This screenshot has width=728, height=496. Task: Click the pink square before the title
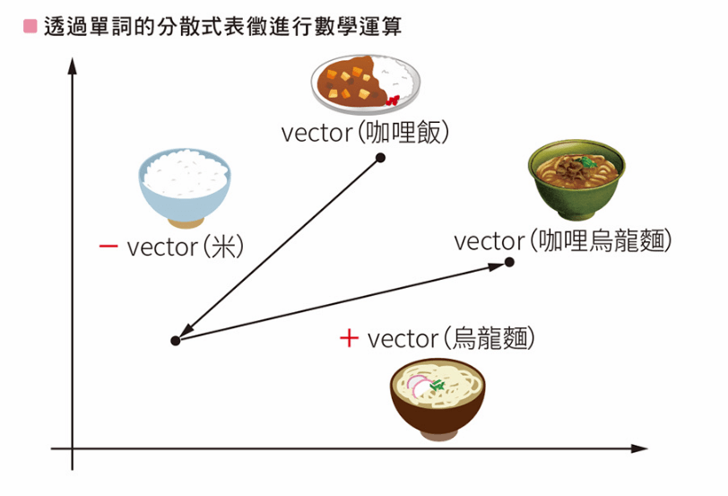[30, 27]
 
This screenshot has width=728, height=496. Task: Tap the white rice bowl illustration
[184, 187]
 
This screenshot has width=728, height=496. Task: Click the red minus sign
[108, 247]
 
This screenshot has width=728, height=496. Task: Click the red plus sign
[349, 338]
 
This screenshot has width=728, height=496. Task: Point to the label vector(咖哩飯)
[364, 133]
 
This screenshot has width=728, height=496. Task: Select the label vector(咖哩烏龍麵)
[562, 241]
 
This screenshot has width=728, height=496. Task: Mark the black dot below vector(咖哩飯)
[380, 158]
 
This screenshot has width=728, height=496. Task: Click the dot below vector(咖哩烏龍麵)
[509, 262]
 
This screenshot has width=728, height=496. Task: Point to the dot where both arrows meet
[175, 341]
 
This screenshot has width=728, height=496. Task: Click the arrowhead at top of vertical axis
[72, 65]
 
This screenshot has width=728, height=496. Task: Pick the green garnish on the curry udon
[587, 161]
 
